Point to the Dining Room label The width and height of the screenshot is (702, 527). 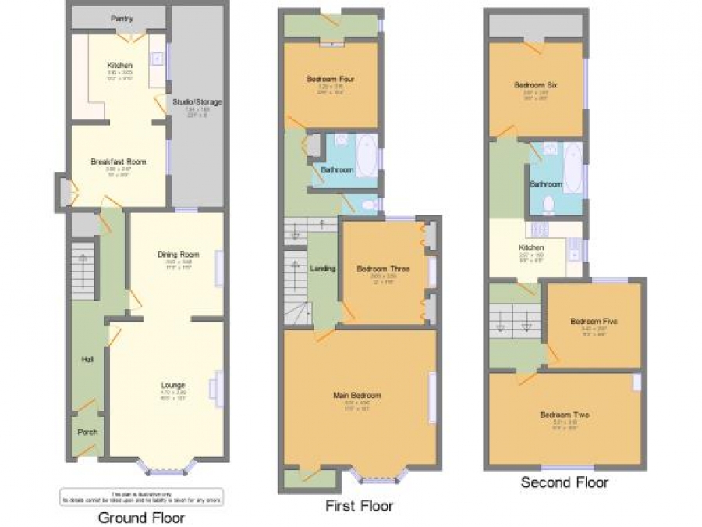pyautogui.click(x=174, y=254)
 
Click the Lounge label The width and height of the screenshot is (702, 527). pyautogui.click(x=172, y=385)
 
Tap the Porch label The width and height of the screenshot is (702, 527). pyautogui.click(x=87, y=432)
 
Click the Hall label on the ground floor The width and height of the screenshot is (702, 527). pyautogui.click(x=87, y=359)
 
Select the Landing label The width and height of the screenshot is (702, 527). pyautogui.click(x=323, y=269)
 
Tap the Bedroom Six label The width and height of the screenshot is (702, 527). pyautogui.click(x=535, y=85)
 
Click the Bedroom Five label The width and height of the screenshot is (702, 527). pyautogui.click(x=588, y=321)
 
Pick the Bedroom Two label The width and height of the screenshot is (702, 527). pyautogui.click(x=565, y=415)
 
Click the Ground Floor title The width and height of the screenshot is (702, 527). pyautogui.click(x=142, y=517)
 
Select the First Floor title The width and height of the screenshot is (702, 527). pyautogui.click(x=359, y=506)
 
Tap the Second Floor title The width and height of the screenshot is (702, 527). pyautogui.click(x=565, y=482)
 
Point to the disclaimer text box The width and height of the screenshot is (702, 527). pyautogui.click(x=141, y=497)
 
